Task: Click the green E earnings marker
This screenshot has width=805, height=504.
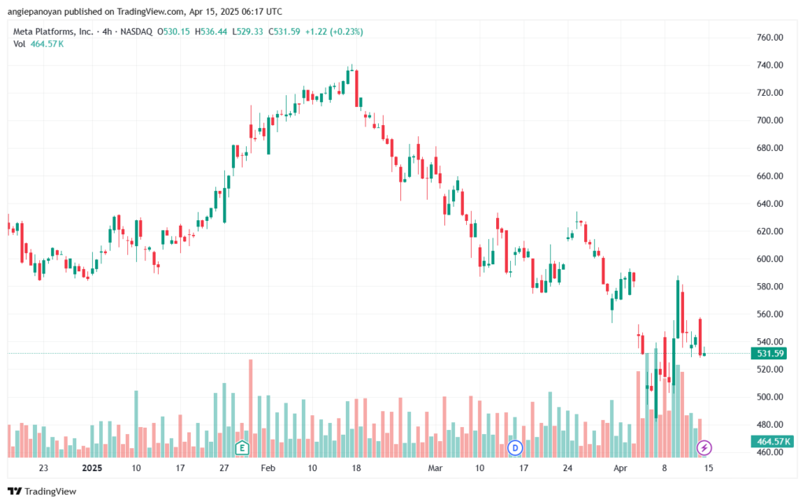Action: [x=243, y=448]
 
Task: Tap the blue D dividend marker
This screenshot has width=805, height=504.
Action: [x=516, y=448]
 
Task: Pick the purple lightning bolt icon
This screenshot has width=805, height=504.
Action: [x=704, y=448]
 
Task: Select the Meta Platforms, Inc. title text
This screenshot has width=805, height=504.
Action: [x=52, y=31]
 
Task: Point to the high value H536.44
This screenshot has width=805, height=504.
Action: [x=205, y=31]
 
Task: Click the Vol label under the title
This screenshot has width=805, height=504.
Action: [x=20, y=43]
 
